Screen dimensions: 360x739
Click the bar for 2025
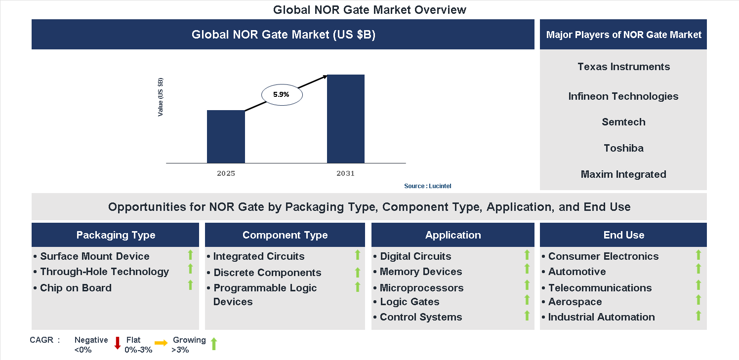[226, 137]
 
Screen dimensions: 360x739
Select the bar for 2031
[346, 119]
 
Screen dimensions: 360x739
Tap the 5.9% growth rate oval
[281, 94]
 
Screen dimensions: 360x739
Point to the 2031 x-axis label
[345, 174]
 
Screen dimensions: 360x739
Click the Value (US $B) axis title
[161, 97]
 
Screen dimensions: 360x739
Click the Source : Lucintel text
[427, 186]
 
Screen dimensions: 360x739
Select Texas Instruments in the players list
[623, 67]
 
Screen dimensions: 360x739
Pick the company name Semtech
[623, 122]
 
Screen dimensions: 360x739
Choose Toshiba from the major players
[623, 148]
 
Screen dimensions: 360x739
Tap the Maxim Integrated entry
[623, 174]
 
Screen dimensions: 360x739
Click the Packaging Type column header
[116, 235]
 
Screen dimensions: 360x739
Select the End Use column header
[623, 235]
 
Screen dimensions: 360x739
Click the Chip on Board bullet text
[76, 288]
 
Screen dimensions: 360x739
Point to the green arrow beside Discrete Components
[358, 272]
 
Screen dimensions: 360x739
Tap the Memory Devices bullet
[420, 272]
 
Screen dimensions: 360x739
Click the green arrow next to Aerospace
[698, 300]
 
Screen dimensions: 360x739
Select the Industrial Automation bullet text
[601, 317]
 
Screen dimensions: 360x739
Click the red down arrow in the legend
[118, 343]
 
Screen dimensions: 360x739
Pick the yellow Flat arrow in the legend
[161, 343]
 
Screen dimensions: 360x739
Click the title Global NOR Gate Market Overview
[369, 10]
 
